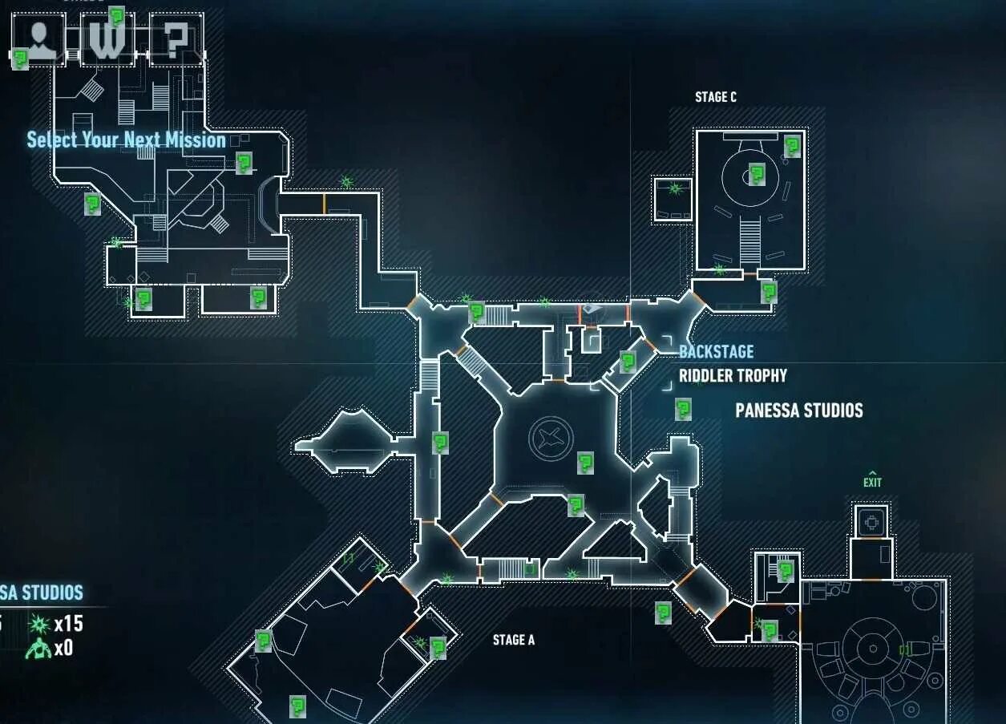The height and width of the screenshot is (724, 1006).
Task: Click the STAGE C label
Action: coord(715,97)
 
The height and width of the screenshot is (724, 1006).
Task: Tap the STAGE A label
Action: coord(513,640)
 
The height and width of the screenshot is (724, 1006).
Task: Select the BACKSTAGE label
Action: coord(716,351)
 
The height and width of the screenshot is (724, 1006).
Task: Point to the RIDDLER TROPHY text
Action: coord(733,375)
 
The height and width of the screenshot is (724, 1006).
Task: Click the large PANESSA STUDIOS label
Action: coord(798,411)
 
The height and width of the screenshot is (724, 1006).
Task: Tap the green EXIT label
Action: coord(872,481)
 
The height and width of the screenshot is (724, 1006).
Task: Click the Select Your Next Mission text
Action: coord(126,140)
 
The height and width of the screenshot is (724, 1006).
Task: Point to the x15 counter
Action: coord(68,624)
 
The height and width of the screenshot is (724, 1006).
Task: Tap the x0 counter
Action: coord(63,648)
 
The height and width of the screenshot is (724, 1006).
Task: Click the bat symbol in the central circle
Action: coord(551,439)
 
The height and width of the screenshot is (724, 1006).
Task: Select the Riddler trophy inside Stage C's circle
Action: coord(756,173)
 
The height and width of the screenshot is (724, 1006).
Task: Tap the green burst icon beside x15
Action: coord(38,624)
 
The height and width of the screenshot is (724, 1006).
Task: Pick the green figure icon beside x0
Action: coord(38,649)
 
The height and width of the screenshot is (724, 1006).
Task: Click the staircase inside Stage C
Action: coord(749,240)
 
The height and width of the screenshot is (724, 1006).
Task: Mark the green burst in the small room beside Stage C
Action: coord(674,188)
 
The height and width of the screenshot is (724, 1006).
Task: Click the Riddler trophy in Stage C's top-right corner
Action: coord(792,146)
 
